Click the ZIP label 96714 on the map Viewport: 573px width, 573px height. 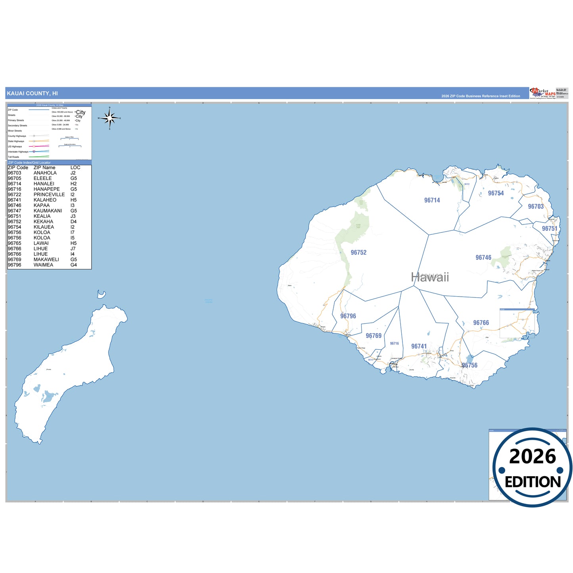coord(432,200)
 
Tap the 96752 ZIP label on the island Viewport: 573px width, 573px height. coord(358,252)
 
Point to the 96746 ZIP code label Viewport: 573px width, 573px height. coord(483,257)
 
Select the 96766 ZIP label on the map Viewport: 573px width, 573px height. coord(481,323)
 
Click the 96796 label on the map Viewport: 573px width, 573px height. coord(348,316)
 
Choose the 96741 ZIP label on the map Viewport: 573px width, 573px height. coord(419,346)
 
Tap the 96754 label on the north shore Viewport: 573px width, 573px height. coord(496,193)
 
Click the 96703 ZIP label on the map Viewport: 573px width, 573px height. coord(536,206)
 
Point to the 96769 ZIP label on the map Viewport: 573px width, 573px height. coord(374,335)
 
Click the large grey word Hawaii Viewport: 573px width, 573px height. coord(430,277)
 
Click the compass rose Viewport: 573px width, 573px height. coord(110,118)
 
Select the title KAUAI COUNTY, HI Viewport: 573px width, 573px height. coord(32,94)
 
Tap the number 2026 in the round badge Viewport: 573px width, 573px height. coord(532,456)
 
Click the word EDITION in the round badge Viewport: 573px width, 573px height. coord(533,482)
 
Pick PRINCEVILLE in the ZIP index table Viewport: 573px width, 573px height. coord(49,195)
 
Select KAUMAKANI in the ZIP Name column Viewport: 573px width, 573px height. coord(48,211)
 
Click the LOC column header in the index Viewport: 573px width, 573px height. coord(75,168)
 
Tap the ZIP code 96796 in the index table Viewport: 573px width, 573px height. coord(15,265)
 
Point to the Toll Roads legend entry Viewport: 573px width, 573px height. coord(13,157)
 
